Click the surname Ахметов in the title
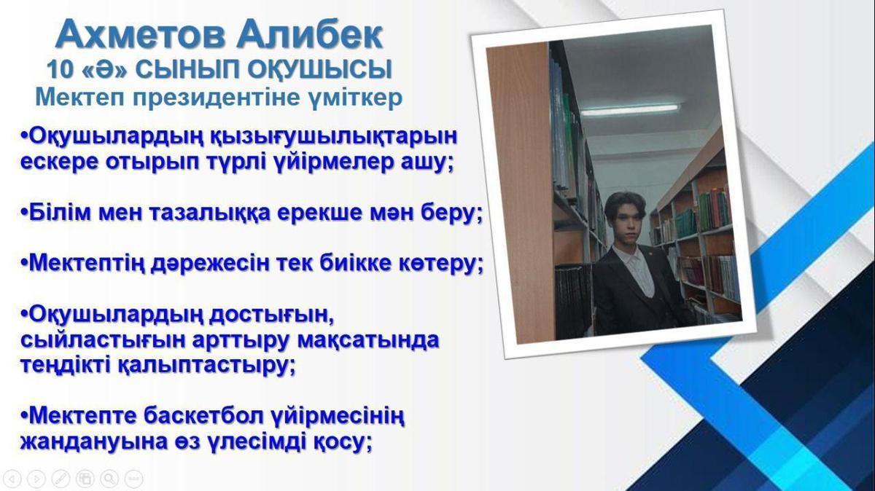tap(141, 35)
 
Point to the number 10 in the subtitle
tap(60, 69)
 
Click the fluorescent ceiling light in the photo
tap(630, 109)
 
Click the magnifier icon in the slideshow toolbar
tap(109, 478)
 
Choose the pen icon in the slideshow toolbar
tap(61, 478)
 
